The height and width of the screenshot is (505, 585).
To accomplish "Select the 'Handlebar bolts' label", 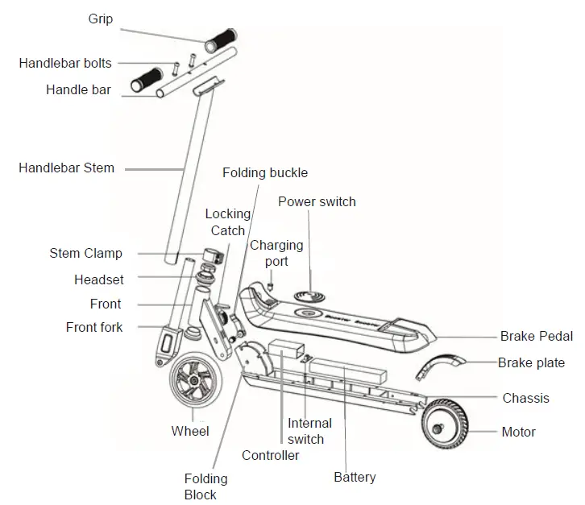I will tap(65, 63).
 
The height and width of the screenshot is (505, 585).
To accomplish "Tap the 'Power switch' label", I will tap(317, 201).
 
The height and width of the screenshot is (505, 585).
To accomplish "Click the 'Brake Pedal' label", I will tap(537, 337).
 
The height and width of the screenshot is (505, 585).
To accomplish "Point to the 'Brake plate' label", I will tap(531, 363).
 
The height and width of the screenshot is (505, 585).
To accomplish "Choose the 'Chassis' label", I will tap(525, 398).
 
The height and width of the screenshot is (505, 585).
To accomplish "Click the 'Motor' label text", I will tap(518, 433).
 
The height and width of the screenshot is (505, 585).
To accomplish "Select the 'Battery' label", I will tap(355, 477).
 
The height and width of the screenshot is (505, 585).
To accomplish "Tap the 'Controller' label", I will tap(271, 455).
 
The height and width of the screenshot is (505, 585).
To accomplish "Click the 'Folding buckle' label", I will tap(266, 173).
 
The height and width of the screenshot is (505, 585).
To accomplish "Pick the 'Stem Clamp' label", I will tap(85, 254).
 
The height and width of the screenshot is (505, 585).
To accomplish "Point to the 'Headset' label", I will tap(98, 279).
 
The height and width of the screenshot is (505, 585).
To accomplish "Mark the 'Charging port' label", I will tap(276, 253).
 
